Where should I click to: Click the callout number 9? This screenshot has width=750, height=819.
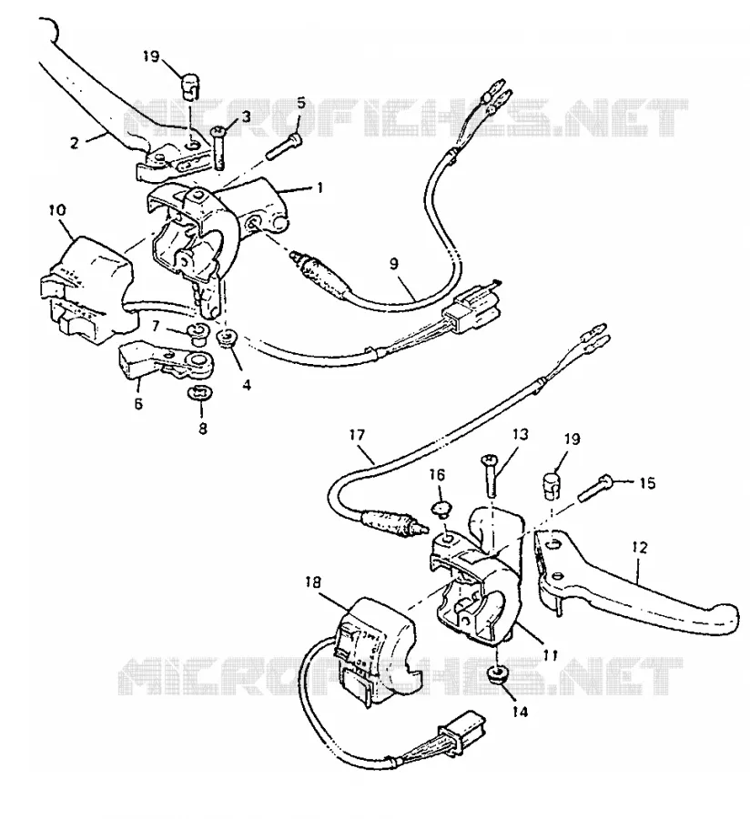394,264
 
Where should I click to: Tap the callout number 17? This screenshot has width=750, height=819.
358,435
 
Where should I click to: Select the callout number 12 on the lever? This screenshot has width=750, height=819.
639,548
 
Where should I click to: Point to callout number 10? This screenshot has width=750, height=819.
57,210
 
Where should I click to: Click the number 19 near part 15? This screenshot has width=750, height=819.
573,439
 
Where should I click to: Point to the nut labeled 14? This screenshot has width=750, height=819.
498,674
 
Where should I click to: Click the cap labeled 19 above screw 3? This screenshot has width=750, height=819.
190,86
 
